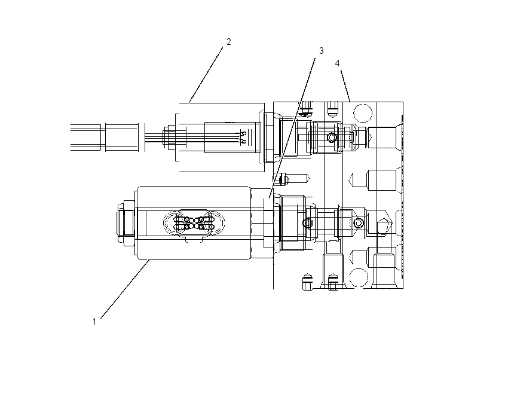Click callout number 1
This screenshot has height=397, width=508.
[x=94, y=322]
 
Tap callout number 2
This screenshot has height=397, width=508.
[x=229, y=42]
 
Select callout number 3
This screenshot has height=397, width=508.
[x=321, y=51]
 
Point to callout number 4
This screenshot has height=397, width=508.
[x=337, y=63]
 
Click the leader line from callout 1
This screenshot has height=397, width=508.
[x=125, y=289]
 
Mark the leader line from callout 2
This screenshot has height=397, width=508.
[x=206, y=75]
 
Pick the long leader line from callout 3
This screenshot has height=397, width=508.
[x=292, y=128]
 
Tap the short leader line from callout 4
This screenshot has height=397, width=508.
[x=345, y=86]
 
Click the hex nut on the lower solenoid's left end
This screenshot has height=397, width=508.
[x=126, y=222]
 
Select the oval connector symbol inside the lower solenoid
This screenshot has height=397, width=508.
[x=194, y=223]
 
